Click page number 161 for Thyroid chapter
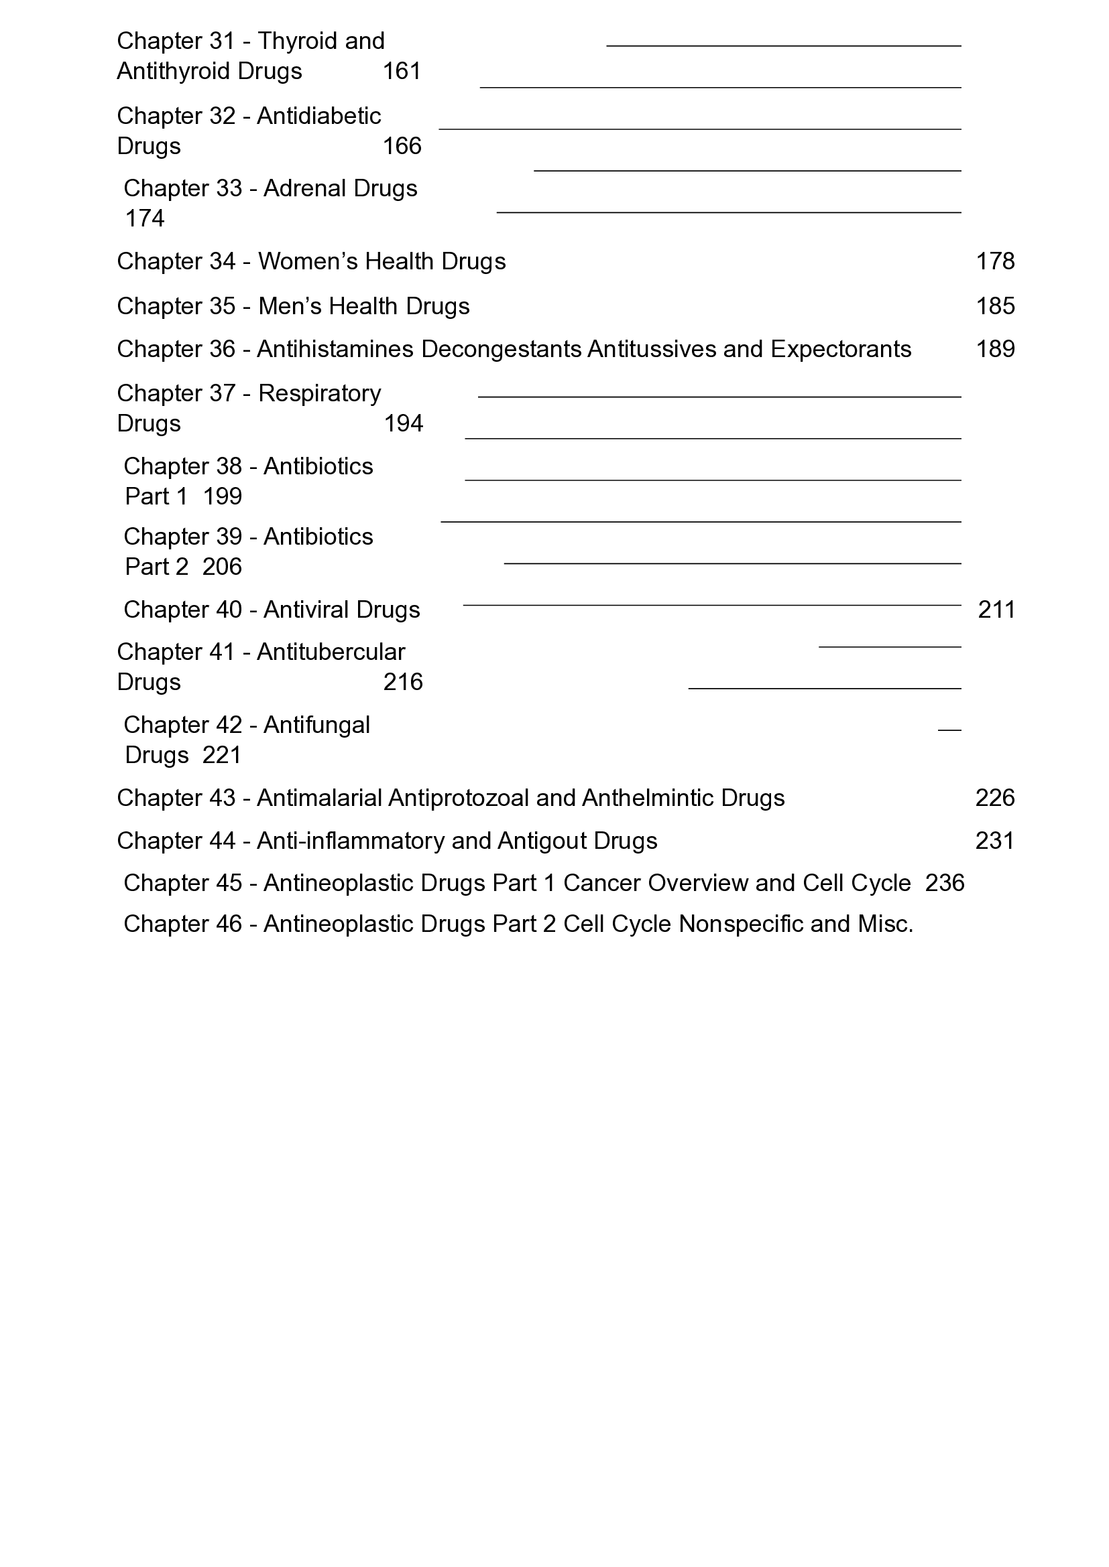(x=402, y=72)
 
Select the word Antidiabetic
(x=319, y=116)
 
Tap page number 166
(x=402, y=146)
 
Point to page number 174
(x=145, y=218)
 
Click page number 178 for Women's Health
(x=995, y=261)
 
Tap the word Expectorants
(x=841, y=350)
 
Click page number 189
(x=995, y=350)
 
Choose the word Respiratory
(x=320, y=394)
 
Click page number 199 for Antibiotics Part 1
(x=222, y=497)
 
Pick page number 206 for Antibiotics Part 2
(x=222, y=567)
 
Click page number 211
(x=996, y=610)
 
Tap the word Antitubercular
(x=331, y=653)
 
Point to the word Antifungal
(x=316, y=726)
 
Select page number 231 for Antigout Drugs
(x=994, y=841)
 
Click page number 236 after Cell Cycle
(x=945, y=884)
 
